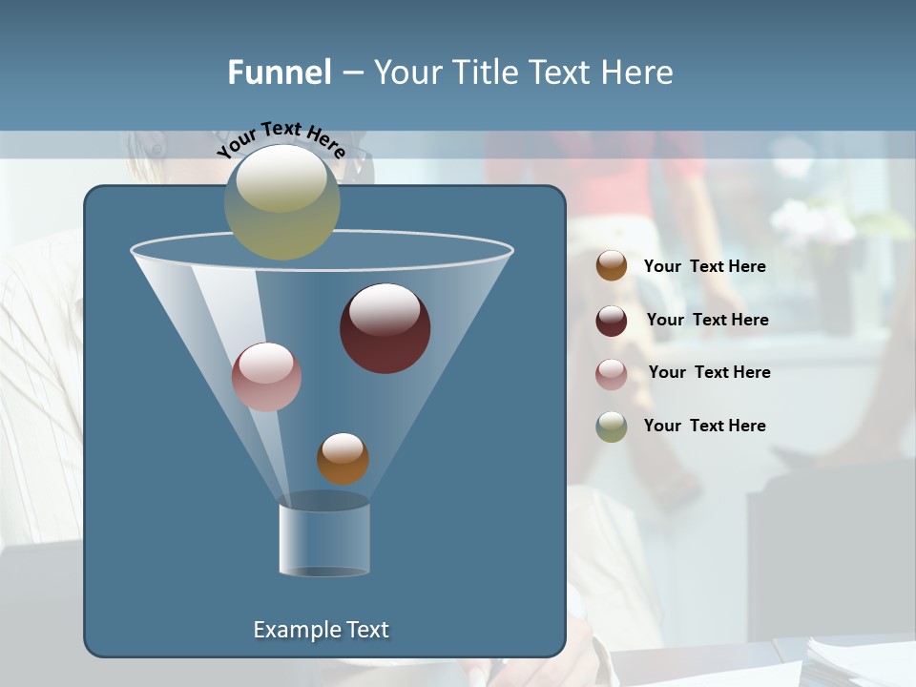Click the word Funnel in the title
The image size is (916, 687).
(x=279, y=73)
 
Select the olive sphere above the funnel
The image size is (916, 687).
(x=282, y=202)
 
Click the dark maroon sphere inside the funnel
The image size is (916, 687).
(x=385, y=329)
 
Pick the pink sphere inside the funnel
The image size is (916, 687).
(x=266, y=377)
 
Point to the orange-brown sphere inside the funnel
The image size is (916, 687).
(x=343, y=459)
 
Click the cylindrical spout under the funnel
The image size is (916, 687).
(x=324, y=539)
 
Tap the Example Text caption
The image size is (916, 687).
(x=321, y=630)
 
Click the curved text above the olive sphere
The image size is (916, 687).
(x=281, y=140)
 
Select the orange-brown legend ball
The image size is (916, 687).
(x=612, y=266)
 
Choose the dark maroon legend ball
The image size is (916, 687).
(x=612, y=321)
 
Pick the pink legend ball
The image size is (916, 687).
(x=612, y=373)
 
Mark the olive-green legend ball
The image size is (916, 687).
(x=612, y=427)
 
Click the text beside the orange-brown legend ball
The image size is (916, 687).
(x=704, y=267)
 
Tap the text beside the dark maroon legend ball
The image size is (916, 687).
(x=707, y=320)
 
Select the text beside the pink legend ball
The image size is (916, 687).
(x=709, y=372)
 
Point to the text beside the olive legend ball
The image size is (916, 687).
(x=704, y=426)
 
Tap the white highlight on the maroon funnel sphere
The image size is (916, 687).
(x=385, y=309)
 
